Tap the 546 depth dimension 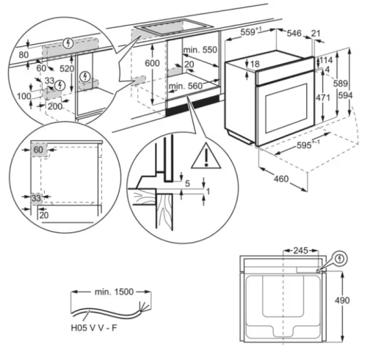tap(294, 33)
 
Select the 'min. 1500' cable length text tap(113, 292)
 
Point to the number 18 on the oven tap(255, 65)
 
